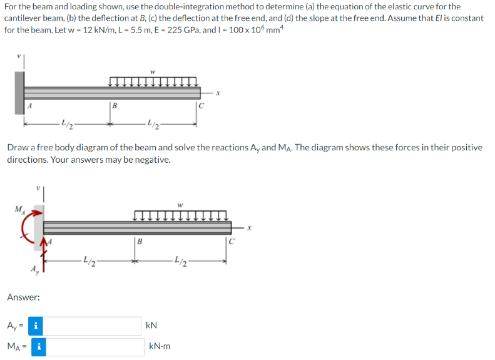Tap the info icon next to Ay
click(37, 326)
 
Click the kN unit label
click(151, 326)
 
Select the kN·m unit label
click(160, 346)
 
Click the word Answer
click(24, 297)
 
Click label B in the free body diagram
click(141, 241)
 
